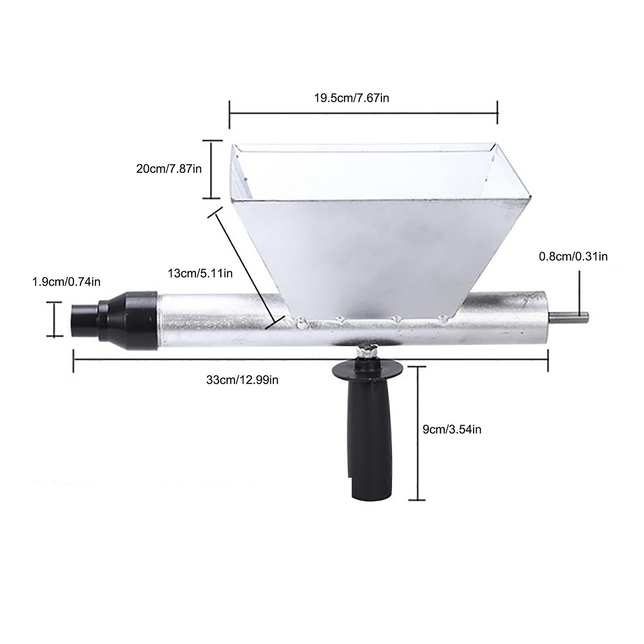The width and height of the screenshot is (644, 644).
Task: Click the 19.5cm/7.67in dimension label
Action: pyautogui.click(x=352, y=98)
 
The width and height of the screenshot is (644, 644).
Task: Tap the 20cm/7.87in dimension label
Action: pyautogui.click(x=169, y=169)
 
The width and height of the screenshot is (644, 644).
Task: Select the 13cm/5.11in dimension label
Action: pyautogui.click(x=200, y=274)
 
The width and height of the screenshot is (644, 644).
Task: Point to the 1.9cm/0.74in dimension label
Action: pyautogui.click(x=66, y=282)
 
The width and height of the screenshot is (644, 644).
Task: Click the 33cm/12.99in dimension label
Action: pyautogui.click(x=242, y=380)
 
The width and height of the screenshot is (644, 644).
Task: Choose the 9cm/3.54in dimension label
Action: pyautogui.click(x=452, y=430)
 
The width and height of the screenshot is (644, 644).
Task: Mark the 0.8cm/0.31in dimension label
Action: pyautogui.click(x=573, y=256)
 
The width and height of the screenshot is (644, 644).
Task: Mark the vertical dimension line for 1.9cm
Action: pyautogui.click(x=54, y=319)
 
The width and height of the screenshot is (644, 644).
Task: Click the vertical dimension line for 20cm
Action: pyautogui.click(x=212, y=169)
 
